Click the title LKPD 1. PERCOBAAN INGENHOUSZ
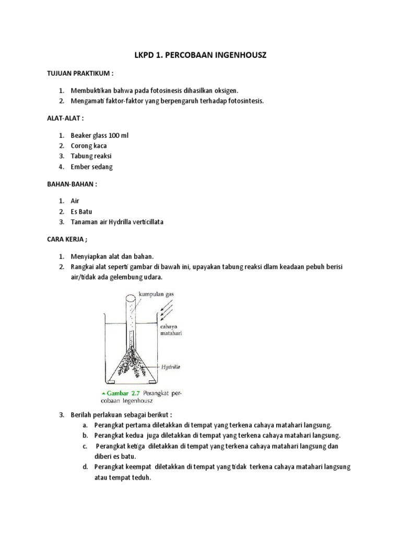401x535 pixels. (x=200, y=55)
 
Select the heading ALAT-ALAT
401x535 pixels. (x=65, y=119)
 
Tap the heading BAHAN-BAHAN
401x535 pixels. (x=71, y=184)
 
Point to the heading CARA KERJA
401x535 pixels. (x=68, y=240)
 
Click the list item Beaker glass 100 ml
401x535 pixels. (x=99, y=135)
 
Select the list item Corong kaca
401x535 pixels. (x=88, y=146)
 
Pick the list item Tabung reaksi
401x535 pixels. (x=91, y=156)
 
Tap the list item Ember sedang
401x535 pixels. (x=91, y=167)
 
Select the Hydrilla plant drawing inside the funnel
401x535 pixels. (x=131, y=365)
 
